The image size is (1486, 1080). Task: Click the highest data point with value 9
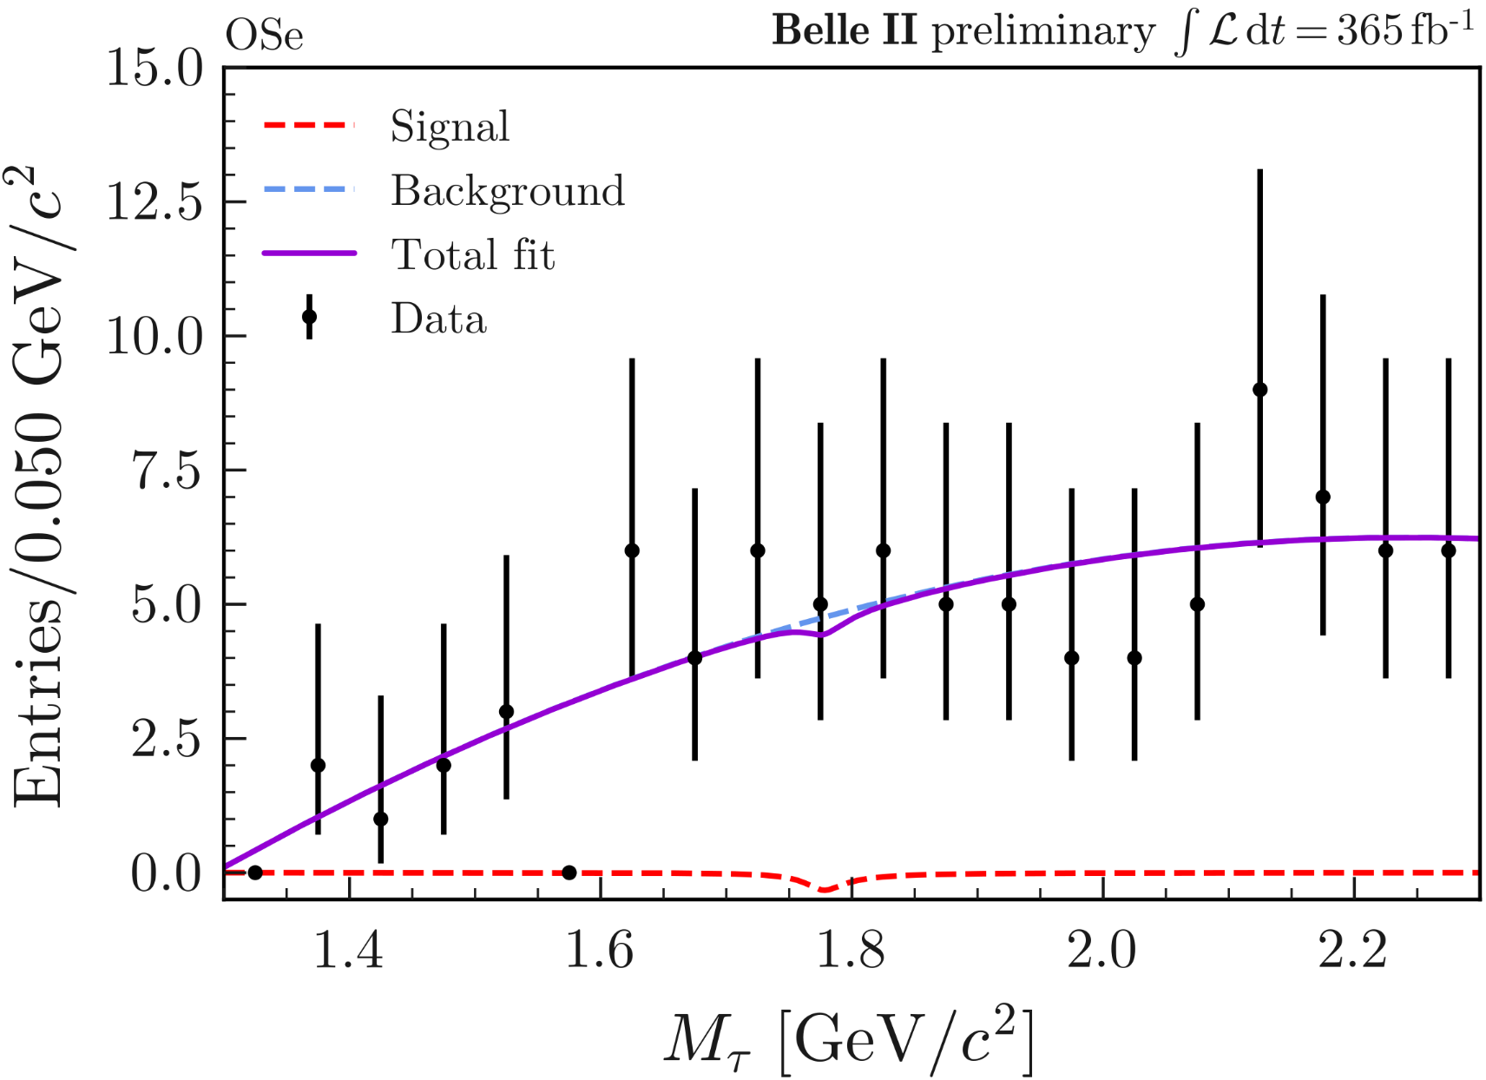click(1259, 390)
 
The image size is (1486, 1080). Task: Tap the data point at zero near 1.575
click(569, 873)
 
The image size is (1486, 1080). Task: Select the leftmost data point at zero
click(255, 873)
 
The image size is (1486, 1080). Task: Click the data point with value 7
click(1323, 497)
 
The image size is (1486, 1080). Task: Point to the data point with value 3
click(506, 712)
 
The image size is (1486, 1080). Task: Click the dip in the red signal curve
click(825, 890)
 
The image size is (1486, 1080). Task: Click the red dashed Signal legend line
click(309, 126)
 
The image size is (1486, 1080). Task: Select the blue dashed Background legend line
click(309, 190)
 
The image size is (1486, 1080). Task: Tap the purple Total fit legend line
click(309, 254)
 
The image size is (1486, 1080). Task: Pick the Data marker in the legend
click(309, 317)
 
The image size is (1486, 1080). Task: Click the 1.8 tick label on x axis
click(851, 950)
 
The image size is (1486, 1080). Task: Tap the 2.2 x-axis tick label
click(1353, 950)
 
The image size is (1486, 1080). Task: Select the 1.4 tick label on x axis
click(348, 950)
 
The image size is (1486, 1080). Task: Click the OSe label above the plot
click(265, 36)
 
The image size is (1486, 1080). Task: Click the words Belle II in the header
click(844, 31)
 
